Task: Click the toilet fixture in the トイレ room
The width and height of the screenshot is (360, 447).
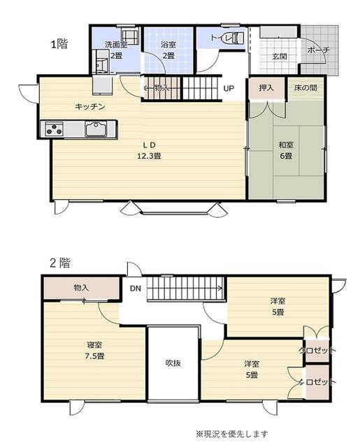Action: (x=237, y=38)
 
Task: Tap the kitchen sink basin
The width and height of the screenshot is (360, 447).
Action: (x=96, y=129)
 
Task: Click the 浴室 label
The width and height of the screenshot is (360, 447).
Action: (x=168, y=44)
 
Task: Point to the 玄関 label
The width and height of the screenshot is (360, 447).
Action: (x=280, y=57)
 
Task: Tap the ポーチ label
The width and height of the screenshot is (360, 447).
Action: (x=319, y=50)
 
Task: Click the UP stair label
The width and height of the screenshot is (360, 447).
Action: (x=229, y=89)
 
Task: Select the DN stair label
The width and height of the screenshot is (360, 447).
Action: (x=136, y=288)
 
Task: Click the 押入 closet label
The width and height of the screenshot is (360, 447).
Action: (x=266, y=88)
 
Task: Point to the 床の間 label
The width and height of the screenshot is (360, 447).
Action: (x=305, y=88)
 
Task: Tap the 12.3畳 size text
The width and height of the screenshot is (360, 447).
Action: (x=150, y=156)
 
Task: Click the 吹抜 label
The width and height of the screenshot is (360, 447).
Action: (x=173, y=363)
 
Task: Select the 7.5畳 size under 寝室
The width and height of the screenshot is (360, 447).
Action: (x=94, y=356)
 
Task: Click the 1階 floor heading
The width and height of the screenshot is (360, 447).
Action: (x=59, y=44)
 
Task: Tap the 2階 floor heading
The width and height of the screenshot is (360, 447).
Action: (x=60, y=263)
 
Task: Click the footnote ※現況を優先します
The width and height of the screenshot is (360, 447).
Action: (x=232, y=434)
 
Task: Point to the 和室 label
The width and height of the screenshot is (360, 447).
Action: (x=286, y=145)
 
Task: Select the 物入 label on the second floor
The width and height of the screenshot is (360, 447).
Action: (x=81, y=288)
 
